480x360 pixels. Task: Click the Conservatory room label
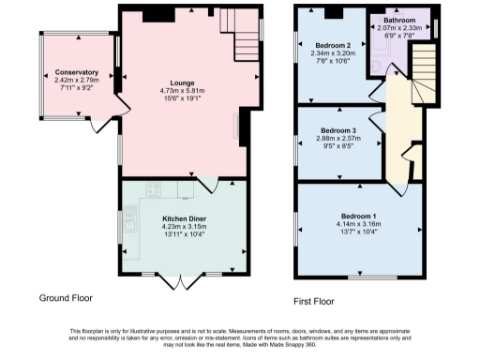[x=76, y=72]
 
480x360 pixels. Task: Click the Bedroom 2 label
[x=333, y=46]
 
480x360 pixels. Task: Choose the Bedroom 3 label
[x=337, y=129]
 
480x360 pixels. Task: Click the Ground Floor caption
[x=66, y=298]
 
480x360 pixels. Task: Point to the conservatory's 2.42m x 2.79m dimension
[x=76, y=81]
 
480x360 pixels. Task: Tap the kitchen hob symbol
[x=154, y=188]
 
